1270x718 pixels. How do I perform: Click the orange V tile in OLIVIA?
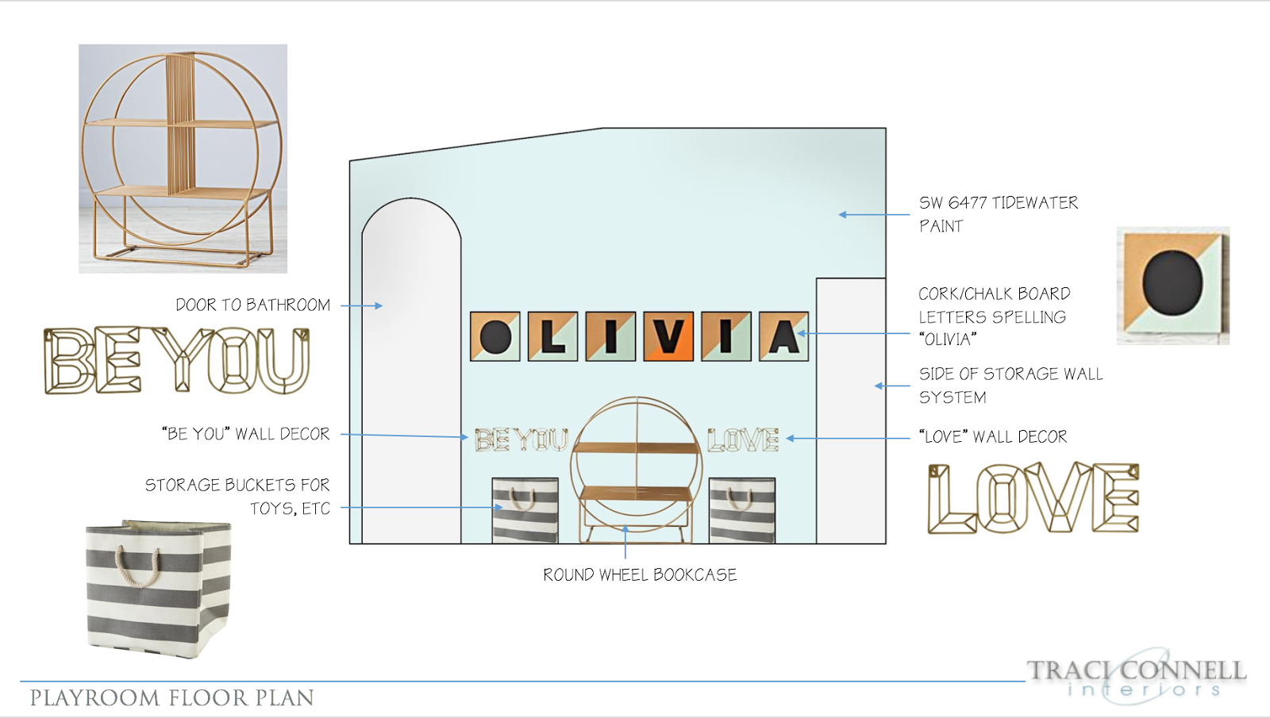point(668,336)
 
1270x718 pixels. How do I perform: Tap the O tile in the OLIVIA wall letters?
point(495,336)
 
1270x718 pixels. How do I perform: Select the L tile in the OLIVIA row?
point(552,336)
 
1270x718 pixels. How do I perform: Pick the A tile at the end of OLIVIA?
point(783,336)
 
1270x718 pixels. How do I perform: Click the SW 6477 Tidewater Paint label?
point(999,214)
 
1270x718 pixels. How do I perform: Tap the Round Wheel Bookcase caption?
point(640,574)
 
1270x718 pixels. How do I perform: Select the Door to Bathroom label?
point(253,305)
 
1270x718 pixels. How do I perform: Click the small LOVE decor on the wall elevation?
point(743,440)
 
